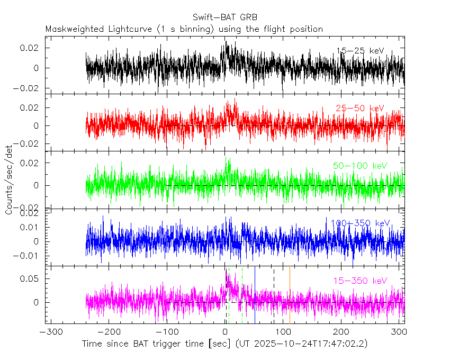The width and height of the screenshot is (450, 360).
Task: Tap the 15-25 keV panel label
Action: tap(360, 51)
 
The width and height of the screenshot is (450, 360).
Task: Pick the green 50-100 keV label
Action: tap(360, 166)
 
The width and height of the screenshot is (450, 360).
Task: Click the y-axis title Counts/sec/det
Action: tap(9, 180)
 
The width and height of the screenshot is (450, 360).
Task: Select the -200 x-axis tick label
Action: tap(109, 332)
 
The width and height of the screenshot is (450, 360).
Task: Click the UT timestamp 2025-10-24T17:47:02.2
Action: tap(310, 344)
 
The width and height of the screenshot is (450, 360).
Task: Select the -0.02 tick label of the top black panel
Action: tap(29, 88)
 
